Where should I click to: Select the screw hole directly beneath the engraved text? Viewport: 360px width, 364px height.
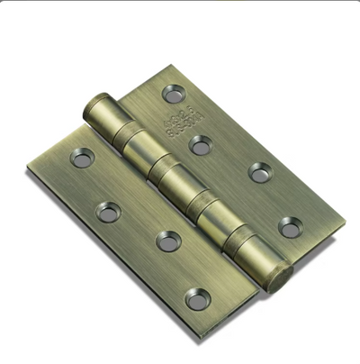(201, 144)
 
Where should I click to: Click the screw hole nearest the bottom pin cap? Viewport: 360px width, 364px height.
(290, 227)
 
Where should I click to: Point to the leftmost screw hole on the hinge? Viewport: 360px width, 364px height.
(83, 159)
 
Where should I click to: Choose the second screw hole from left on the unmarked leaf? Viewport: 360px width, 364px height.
(109, 213)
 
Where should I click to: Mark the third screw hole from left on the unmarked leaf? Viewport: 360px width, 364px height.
(166, 241)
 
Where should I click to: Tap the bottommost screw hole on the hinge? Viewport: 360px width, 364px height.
(196, 298)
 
